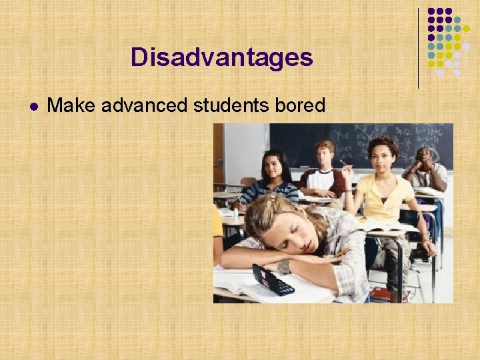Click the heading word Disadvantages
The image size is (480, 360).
[221, 57]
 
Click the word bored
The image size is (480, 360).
[302, 105]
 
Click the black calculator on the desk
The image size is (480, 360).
[273, 279]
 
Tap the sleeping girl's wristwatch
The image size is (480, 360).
[285, 266]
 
